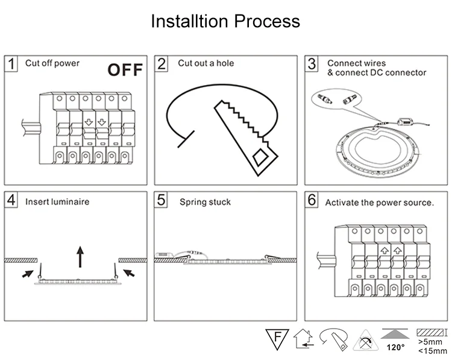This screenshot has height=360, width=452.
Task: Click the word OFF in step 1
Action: tap(125, 70)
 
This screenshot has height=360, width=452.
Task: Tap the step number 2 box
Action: tap(162, 64)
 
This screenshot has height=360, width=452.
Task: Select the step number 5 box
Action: tap(161, 200)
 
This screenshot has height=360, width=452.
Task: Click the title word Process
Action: tap(266, 21)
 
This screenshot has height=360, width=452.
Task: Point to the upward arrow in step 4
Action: tap(80, 257)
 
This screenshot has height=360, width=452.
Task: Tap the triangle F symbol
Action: tap(277, 339)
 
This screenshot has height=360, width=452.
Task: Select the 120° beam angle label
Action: tap(395, 347)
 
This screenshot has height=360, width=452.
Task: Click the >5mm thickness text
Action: tap(430, 342)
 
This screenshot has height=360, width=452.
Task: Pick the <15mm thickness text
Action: tap(432, 351)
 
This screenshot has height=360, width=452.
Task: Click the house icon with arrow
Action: tap(304, 339)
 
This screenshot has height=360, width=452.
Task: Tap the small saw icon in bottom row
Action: tap(334, 339)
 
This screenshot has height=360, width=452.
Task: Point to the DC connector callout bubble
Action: tap(336, 99)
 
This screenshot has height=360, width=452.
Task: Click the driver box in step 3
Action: tap(406, 122)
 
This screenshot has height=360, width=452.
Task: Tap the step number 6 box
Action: tap(312, 200)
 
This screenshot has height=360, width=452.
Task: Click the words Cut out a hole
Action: tap(206, 63)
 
